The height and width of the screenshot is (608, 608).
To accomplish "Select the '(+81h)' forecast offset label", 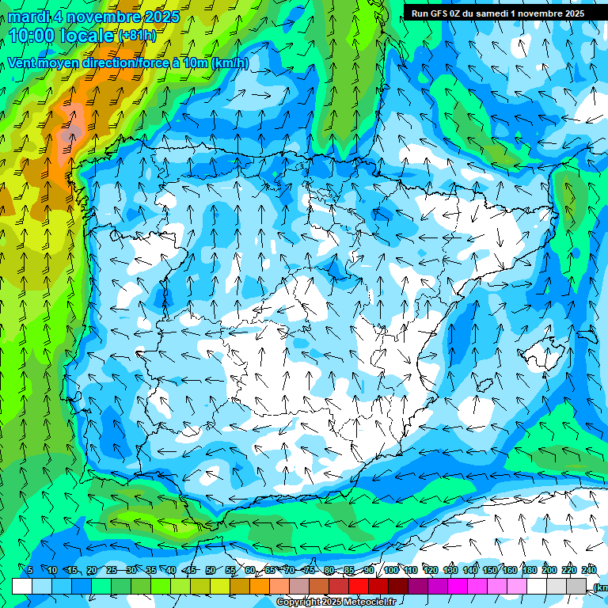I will click(x=136, y=36).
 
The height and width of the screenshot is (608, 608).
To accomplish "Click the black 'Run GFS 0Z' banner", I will click(x=498, y=13).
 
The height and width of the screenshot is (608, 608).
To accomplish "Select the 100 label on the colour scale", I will click(x=391, y=570).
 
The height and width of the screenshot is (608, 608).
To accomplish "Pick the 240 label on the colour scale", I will click(x=589, y=570).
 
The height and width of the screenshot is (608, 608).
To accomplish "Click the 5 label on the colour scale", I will click(x=30, y=570).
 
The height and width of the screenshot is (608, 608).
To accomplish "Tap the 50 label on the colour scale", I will click(x=211, y=570).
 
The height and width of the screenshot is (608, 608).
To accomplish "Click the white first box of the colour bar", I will click(x=22, y=586).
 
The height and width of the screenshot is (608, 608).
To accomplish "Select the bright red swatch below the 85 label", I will click(x=359, y=586).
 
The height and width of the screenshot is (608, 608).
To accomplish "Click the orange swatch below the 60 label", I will click(x=260, y=586).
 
